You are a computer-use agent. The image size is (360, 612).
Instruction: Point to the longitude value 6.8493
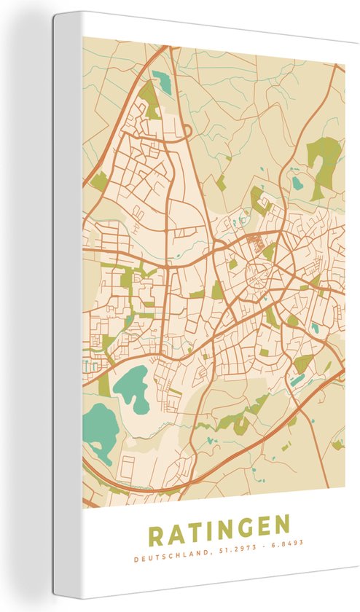click(286, 544)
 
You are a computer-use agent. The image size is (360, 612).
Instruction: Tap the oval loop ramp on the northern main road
click(183, 130)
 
